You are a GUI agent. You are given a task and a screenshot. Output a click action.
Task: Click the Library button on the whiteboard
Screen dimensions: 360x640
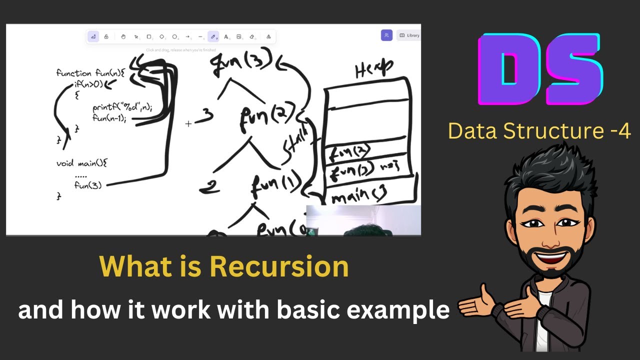pyautogui.click(x=408, y=35)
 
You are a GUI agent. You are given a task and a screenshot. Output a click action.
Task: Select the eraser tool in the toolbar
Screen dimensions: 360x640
pyautogui.click(x=252, y=36)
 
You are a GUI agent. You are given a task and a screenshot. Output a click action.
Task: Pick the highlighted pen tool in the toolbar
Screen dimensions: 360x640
pyautogui.click(x=213, y=36)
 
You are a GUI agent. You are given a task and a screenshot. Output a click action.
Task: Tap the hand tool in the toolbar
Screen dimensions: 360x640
pyautogui.click(x=123, y=36)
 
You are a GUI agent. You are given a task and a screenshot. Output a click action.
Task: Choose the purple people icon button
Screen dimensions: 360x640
pyautogui.click(x=386, y=35)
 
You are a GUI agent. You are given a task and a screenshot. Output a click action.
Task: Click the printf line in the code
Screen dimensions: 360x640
pyautogui.click(x=122, y=107)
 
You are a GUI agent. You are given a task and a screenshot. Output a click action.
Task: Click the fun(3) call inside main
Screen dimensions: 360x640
pyautogui.click(x=88, y=185)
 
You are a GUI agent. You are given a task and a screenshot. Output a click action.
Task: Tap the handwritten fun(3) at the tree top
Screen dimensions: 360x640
pyautogui.click(x=241, y=62)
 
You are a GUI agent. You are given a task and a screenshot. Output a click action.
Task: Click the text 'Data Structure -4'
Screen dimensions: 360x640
pyautogui.click(x=539, y=131)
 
